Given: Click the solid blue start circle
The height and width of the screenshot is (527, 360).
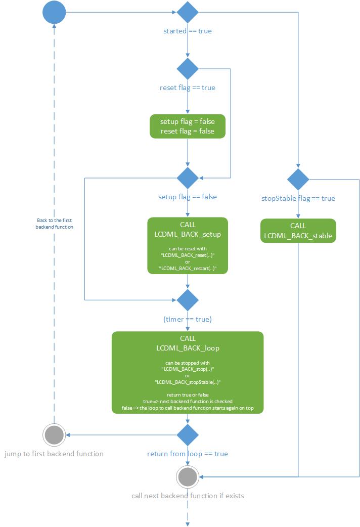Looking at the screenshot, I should point(54,12).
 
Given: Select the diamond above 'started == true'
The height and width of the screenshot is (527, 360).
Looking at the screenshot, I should point(188,12).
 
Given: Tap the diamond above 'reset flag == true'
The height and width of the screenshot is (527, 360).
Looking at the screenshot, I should point(188,69).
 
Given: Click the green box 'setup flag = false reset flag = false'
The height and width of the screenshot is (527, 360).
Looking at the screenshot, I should point(188,126).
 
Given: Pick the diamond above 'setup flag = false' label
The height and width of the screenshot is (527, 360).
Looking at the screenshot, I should point(188,178).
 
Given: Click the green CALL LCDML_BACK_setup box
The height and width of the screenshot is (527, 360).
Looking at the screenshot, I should point(188,246).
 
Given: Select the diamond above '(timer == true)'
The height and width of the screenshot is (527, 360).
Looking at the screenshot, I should point(188,300).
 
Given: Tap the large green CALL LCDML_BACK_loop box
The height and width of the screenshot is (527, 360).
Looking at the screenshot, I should point(188,373).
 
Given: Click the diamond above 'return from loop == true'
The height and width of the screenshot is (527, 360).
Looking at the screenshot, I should point(188,435).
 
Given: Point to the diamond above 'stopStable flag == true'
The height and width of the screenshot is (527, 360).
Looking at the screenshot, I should point(298,180).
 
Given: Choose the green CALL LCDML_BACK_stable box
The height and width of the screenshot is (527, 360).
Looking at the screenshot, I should point(298,231).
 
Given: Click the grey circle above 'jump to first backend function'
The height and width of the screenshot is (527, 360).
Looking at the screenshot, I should point(54,435).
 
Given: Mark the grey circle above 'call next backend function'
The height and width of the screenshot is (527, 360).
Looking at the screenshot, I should point(188,476).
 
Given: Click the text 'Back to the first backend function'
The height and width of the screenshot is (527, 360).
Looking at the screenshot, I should point(55,224).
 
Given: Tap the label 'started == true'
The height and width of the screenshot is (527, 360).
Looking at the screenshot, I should point(188,31).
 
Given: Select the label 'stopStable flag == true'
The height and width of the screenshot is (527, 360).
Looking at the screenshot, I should point(298,198).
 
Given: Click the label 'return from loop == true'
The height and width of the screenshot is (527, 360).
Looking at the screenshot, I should point(188,454).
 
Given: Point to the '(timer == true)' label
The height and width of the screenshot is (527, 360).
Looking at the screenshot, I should point(188,320).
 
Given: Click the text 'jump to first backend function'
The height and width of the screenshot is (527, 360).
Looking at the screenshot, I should point(54,454).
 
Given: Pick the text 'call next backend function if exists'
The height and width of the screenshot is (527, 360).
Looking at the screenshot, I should point(188,496).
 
